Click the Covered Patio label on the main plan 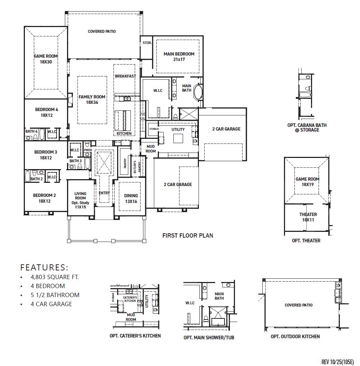tap(102, 31)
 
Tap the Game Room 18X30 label tap(46, 59)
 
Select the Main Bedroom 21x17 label tap(179, 57)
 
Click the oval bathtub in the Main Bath tap(199, 93)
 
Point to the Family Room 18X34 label tap(92, 100)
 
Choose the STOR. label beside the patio tap(147, 43)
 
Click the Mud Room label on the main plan tap(151, 149)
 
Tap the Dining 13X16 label tap(131, 198)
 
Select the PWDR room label tap(88, 150)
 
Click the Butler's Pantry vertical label tap(135, 167)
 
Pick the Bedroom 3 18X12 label tap(46, 155)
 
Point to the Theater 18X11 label tap(308, 217)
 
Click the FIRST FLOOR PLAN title tap(187, 235)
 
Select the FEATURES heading tap(44, 267)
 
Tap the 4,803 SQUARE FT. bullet tap(54, 277)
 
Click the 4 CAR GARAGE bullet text tap(51, 304)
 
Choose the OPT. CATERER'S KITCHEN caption tap(135, 336)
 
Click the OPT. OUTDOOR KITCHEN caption tap(295, 336)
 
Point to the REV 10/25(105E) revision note tap(337, 362)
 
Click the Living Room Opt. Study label tap(80, 200)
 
